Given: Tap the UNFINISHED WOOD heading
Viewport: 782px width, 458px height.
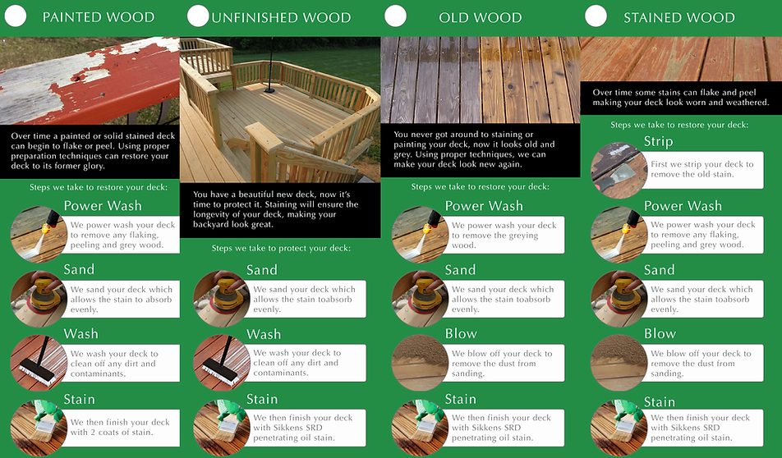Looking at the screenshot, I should (281, 17).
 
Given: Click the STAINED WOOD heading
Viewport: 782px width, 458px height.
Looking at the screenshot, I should (678, 17).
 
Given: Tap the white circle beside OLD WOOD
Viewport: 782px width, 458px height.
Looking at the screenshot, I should (395, 16).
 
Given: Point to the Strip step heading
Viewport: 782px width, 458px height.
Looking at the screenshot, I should (658, 141).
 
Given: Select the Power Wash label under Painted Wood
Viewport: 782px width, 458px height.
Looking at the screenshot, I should (103, 205).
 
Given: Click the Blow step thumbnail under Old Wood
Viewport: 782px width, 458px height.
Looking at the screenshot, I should (420, 363).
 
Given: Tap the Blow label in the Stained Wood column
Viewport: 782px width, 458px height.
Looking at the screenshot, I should (660, 333).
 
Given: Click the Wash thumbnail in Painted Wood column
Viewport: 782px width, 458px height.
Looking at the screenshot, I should (39, 363).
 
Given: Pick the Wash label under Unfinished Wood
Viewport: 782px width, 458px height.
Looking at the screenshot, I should (264, 334).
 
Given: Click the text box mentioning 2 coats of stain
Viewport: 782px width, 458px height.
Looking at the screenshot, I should (121, 428).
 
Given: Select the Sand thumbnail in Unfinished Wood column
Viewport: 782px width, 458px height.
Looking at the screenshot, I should (221, 299).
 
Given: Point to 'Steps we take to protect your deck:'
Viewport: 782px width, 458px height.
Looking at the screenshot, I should (280, 247).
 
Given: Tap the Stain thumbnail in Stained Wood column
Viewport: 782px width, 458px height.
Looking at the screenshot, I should (619, 428).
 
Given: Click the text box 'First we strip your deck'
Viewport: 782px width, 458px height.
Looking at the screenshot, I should (701, 170).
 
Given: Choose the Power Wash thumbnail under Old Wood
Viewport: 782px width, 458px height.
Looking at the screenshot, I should (420, 235).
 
